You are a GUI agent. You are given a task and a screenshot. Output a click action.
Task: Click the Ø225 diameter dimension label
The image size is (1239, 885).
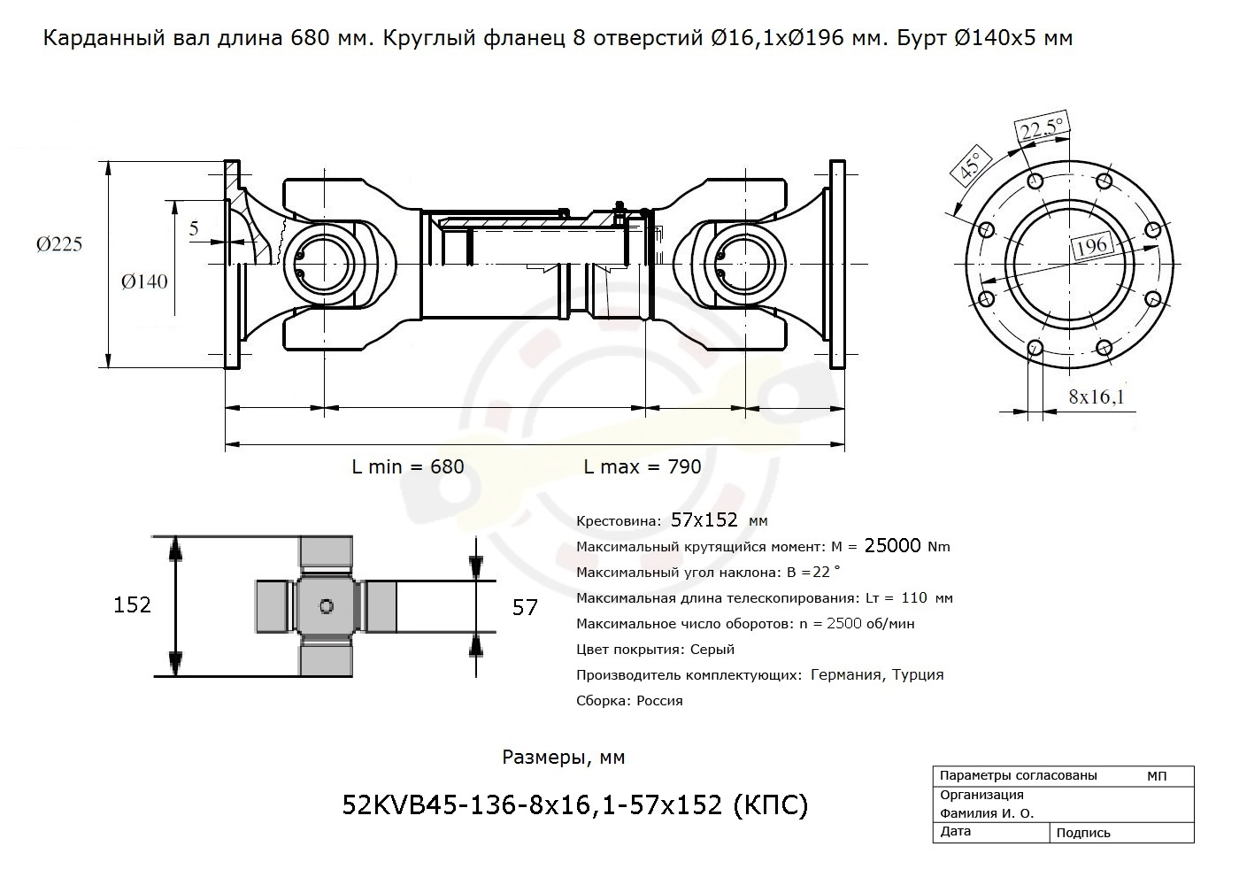(59, 244)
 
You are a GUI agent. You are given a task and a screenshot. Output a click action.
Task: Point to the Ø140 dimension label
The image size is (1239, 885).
(144, 281)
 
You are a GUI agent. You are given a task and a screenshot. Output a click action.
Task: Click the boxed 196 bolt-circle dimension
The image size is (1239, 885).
(1091, 245)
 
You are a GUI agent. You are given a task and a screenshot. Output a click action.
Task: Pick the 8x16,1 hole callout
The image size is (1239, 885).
(1097, 396)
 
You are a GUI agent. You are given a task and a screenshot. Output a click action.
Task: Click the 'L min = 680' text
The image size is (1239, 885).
(408, 467)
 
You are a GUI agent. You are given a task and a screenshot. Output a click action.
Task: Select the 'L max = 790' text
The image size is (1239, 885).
(643, 467)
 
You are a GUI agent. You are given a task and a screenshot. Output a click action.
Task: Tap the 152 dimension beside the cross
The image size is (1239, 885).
(132, 605)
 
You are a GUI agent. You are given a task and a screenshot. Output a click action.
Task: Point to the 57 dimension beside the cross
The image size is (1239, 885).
(525, 608)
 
